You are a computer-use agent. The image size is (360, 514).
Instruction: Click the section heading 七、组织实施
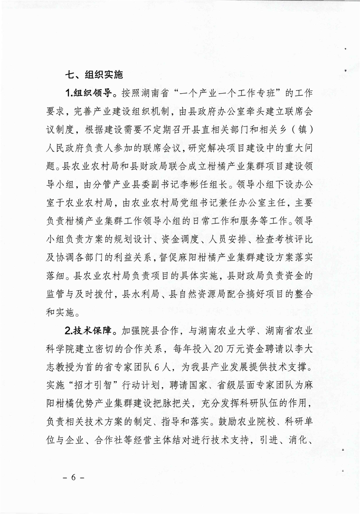pyautogui.click(x=94, y=74)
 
